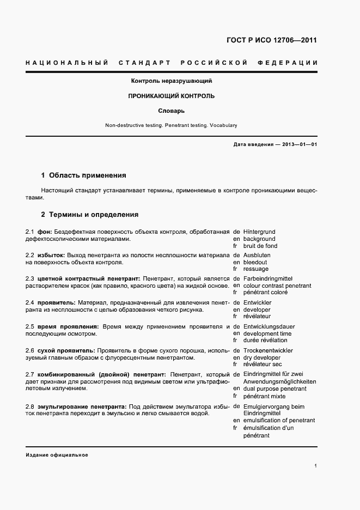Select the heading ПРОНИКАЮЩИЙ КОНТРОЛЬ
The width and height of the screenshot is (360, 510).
pos(171,96)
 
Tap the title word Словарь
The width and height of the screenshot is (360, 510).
pos(171,111)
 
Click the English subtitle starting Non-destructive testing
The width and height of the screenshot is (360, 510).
pos(171,125)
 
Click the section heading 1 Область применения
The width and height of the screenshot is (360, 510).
pos(83,175)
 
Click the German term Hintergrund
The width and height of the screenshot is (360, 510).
pos(260,232)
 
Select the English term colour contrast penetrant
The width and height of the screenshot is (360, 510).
pos(277,286)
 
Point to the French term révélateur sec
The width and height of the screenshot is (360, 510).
pos(263,365)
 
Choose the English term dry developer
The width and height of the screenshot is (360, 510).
pos(263,357)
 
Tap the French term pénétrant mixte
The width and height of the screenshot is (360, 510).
pos(265,396)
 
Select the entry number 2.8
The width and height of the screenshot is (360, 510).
pos(30,407)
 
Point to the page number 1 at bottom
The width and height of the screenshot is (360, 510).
pos(316,466)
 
